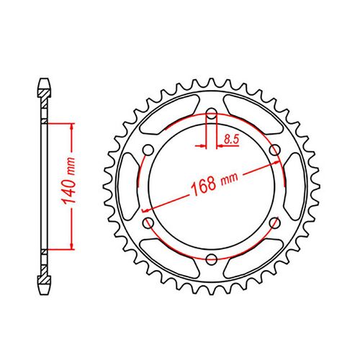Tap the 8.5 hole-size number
point(232,140)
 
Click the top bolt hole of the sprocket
point(212,114)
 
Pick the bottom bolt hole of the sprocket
point(212,259)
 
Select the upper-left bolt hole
point(148,150)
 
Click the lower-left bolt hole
point(148,223)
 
